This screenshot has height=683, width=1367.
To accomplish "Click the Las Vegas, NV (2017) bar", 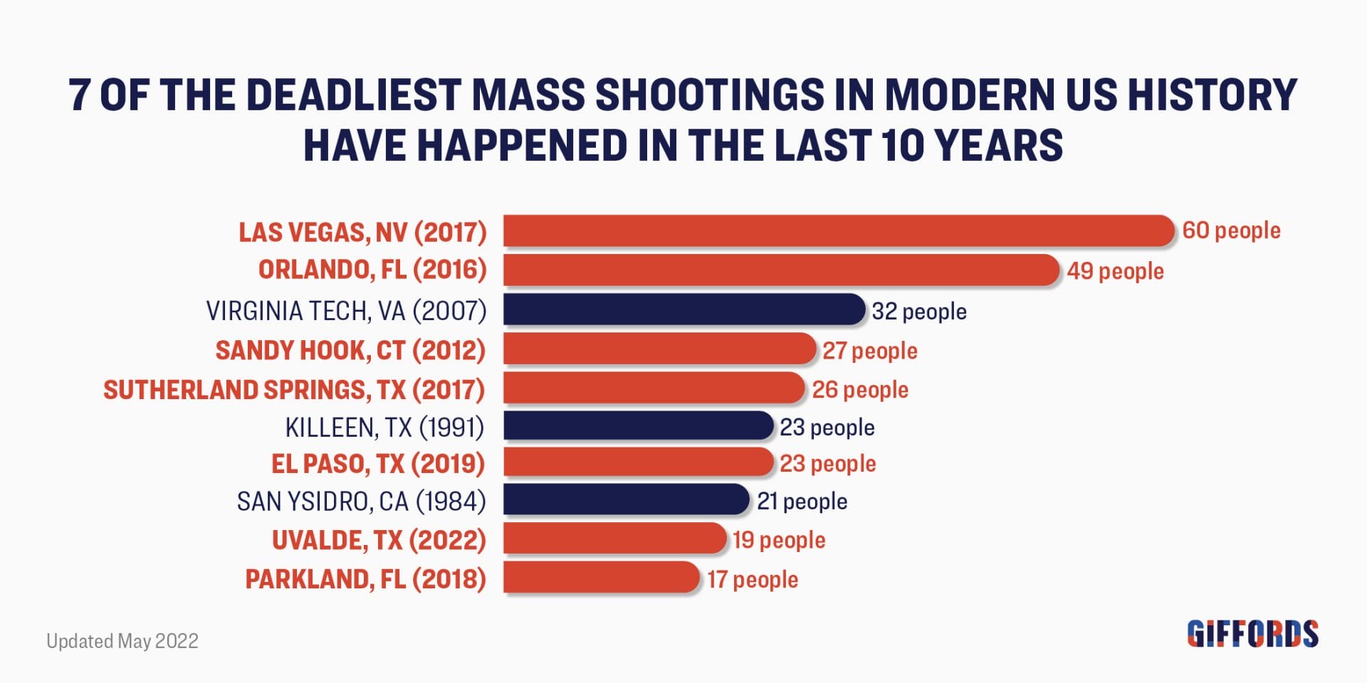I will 838,231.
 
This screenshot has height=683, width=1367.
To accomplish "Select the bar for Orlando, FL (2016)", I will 781,270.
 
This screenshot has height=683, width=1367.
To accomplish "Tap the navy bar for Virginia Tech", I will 683,310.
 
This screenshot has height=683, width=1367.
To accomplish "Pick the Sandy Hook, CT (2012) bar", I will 659,349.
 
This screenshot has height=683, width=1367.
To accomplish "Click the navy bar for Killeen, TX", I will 638,426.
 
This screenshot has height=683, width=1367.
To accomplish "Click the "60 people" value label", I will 1231,231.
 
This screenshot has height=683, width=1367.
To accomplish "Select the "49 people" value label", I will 1115,271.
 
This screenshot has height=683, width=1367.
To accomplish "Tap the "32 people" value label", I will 919,312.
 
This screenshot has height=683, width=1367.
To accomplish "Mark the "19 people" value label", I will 779,540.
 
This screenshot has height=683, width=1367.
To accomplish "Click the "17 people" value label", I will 753,579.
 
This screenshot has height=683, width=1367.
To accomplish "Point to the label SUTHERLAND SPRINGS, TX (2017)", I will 294,390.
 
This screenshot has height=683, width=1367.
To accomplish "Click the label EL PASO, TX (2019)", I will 378,464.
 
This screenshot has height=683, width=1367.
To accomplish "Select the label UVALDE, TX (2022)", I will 379,541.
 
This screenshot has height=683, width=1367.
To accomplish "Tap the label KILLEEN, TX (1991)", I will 384,428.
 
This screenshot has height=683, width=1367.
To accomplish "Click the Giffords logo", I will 1252,634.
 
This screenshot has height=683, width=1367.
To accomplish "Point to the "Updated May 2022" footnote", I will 122,641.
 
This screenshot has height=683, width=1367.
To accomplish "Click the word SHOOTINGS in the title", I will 709,95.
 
